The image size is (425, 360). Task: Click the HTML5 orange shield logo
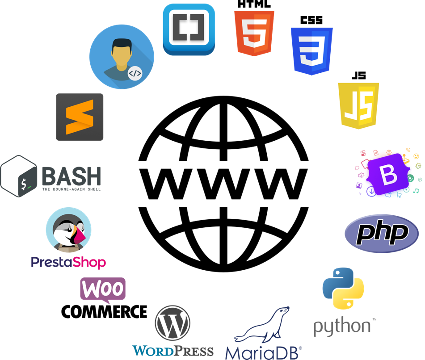254,33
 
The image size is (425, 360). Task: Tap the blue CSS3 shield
311,51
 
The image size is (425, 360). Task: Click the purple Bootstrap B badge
388,174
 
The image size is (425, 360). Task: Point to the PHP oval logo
382,234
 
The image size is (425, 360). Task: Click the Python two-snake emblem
343,289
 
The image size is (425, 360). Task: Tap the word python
342,327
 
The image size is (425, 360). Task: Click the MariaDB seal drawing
262,325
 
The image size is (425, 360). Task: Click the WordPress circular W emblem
173,323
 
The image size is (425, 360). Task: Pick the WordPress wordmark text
173,351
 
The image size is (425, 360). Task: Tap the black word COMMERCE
104,312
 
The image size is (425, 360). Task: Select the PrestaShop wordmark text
68,263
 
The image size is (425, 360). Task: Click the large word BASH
72,176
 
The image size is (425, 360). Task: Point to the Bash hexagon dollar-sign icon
19,176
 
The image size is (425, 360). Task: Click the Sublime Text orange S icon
80,117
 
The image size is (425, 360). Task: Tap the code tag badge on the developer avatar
135,73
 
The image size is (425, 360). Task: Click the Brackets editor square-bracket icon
189,29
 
